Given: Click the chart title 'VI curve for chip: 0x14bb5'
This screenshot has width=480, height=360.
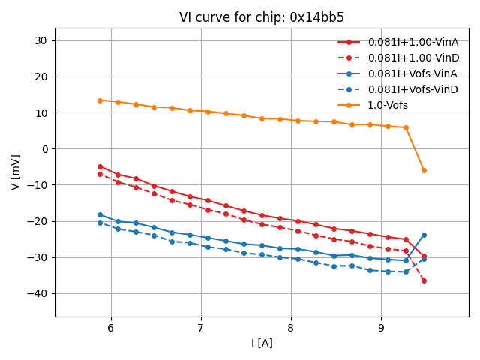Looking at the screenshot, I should click(x=262, y=17).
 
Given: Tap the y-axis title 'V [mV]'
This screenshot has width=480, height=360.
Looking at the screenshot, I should click(x=16, y=172).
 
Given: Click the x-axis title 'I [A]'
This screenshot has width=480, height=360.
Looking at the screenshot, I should click(x=262, y=343).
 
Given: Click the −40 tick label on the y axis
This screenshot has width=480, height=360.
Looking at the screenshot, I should click(x=37, y=293).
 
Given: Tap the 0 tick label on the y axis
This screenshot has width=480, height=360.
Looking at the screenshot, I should click(x=44, y=149).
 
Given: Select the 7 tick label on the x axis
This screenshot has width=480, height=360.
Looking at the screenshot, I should click(x=200, y=328).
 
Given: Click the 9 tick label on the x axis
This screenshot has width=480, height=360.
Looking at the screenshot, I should click(x=381, y=328).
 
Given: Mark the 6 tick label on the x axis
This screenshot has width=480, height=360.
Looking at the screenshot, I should click(x=110, y=328).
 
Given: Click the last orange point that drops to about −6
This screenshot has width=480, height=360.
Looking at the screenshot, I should click(x=424, y=170).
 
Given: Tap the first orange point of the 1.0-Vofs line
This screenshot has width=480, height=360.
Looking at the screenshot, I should click(x=100, y=100).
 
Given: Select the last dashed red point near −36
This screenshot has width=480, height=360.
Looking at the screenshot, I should click(x=424, y=280).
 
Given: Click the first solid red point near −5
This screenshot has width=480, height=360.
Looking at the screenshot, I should click(x=100, y=166).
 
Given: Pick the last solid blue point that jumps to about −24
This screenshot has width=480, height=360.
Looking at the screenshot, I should click(x=424, y=235).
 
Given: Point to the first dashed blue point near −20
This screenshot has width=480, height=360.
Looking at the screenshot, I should click(x=100, y=223).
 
